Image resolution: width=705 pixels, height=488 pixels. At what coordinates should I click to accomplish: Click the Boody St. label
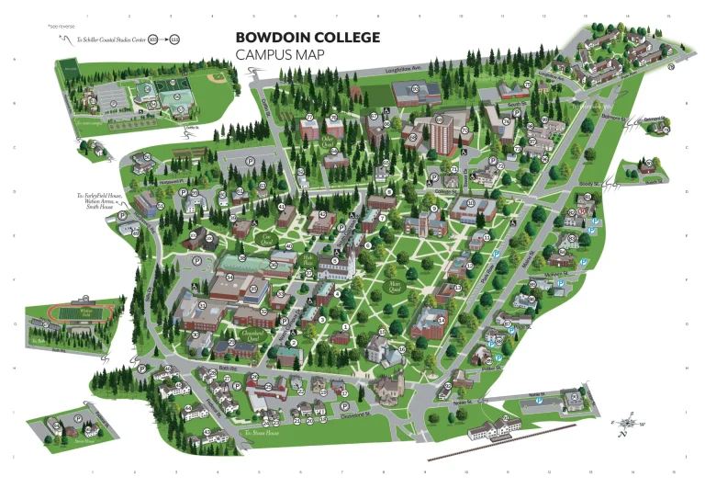click(589, 185)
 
